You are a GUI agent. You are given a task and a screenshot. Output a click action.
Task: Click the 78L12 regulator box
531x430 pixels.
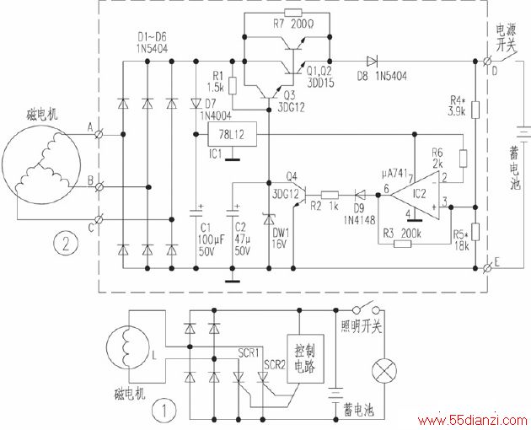(232, 135)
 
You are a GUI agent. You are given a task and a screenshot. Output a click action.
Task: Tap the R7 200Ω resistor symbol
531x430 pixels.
(293, 13)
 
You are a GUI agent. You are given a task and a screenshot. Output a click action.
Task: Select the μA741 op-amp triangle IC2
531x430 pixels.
(416, 195)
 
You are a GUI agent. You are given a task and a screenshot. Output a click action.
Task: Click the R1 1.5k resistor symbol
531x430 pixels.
(233, 86)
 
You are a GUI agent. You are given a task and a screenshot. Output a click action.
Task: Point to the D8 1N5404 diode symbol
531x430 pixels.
(372, 62)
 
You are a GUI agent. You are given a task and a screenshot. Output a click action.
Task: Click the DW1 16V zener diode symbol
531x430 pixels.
(269, 219)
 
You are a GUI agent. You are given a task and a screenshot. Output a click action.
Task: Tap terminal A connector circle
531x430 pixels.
(99, 135)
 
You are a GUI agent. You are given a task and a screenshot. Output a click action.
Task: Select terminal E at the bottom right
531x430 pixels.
(488, 268)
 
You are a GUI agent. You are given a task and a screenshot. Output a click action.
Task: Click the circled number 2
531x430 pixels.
(66, 243)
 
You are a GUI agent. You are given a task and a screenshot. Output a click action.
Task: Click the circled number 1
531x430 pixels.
(164, 411)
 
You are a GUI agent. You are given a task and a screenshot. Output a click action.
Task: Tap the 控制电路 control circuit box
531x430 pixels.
(305, 359)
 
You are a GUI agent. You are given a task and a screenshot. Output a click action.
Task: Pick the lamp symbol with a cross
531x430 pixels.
(384, 371)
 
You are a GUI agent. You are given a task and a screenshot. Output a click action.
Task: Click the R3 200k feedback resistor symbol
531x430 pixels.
(403, 244)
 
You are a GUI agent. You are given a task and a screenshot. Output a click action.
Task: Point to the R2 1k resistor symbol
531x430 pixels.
(330, 195)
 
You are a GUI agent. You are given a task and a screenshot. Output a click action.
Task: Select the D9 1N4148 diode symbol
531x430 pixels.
(360, 195)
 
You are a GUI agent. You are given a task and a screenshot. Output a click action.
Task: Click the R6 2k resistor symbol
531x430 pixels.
(463, 159)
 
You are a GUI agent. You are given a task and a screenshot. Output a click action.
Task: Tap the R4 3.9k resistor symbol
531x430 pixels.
(475, 110)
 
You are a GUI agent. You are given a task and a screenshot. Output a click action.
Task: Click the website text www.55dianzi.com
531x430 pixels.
(472, 421)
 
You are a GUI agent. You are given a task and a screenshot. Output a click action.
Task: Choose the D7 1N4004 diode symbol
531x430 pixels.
(196, 103)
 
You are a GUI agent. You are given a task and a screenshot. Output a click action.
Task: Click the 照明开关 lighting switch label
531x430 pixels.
(362, 326)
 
